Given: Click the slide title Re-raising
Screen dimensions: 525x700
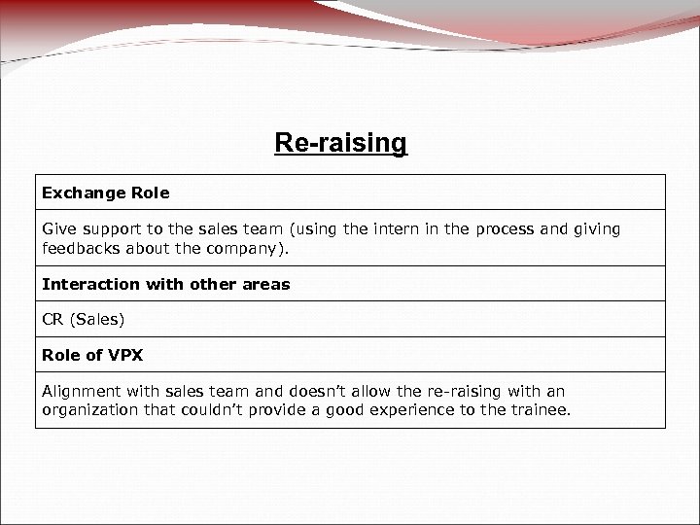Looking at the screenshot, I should tap(340, 144).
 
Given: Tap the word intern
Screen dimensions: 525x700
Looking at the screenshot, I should tap(394, 229).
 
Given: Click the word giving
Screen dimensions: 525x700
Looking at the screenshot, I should tap(597, 229).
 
